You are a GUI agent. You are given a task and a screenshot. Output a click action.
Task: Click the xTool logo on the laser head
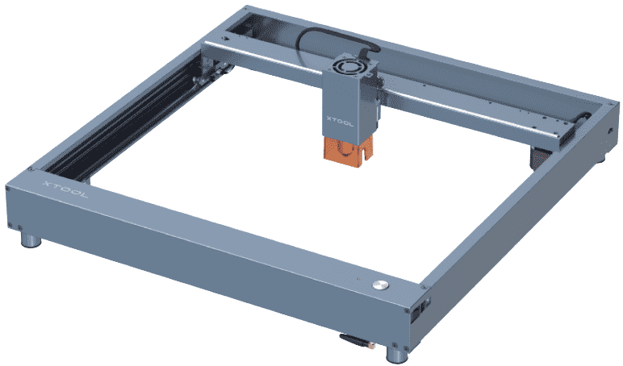pyautogui.click(x=340, y=122)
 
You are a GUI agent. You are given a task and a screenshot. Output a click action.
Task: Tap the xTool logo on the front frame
pyautogui.click(x=65, y=189)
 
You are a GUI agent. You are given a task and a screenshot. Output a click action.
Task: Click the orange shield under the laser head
pyautogui.click(x=349, y=149)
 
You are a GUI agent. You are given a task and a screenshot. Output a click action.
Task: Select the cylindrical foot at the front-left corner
pyautogui.click(x=31, y=240)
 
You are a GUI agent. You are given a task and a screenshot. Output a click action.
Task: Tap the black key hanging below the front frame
pyautogui.click(x=356, y=340)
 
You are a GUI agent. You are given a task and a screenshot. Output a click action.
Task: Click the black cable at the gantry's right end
pyautogui.click(x=583, y=118)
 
